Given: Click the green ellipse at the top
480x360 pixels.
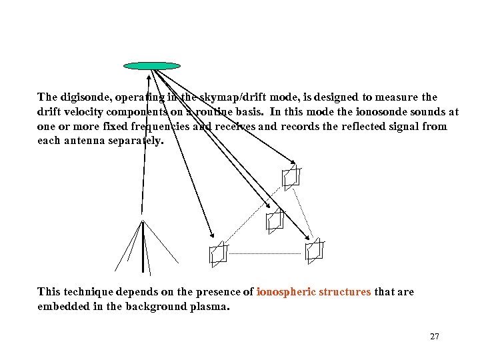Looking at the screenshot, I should click(x=153, y=66).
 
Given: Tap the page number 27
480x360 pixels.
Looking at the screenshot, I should click(x=435, y=337).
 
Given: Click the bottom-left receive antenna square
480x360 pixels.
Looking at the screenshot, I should click(x=218, y=254).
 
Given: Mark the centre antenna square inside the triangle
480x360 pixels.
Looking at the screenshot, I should click(x=275, y=220).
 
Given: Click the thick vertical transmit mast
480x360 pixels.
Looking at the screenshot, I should click(x=143, y=247).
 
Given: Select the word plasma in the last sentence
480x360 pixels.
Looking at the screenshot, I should click(x=207, y=307).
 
